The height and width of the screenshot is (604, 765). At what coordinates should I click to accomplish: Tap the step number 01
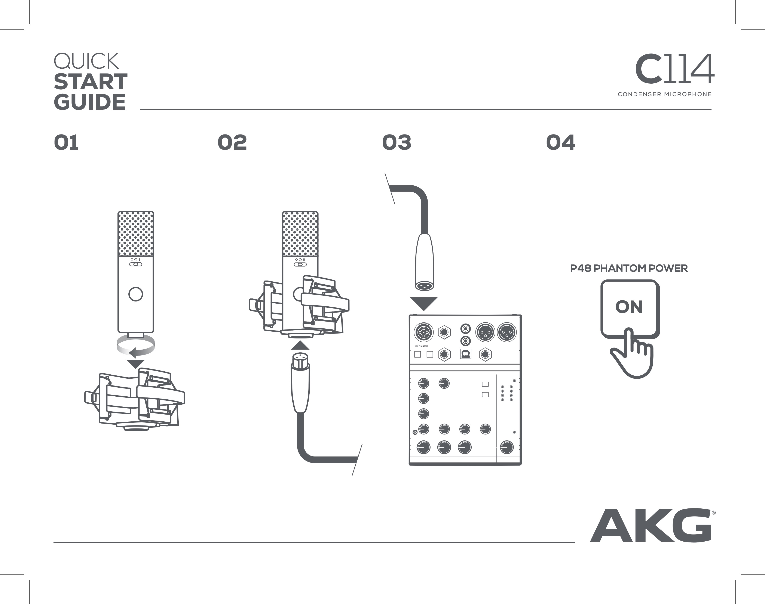click(x=66, y=143)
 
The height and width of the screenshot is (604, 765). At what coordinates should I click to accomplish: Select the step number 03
click(x=397, y=143)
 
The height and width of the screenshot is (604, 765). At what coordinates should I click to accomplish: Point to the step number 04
click(x=560, y=143)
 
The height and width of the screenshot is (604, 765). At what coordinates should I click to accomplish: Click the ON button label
click(x=629, y=307)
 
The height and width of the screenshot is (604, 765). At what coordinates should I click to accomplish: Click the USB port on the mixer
click(x=465, y=354)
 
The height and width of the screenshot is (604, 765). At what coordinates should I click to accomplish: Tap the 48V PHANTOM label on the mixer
click(x=421, y=346)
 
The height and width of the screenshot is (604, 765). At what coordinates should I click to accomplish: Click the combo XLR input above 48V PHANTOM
click(x=423, y=332)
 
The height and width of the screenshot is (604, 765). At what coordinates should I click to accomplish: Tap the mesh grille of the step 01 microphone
click(x=135, y=233)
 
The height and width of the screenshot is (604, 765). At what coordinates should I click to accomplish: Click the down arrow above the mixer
click(x=423, y=303)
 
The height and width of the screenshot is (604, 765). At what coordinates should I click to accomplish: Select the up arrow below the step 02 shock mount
click(x=300, y=345)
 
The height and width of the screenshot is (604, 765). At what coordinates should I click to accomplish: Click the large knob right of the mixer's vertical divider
click(x=507, y=447)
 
